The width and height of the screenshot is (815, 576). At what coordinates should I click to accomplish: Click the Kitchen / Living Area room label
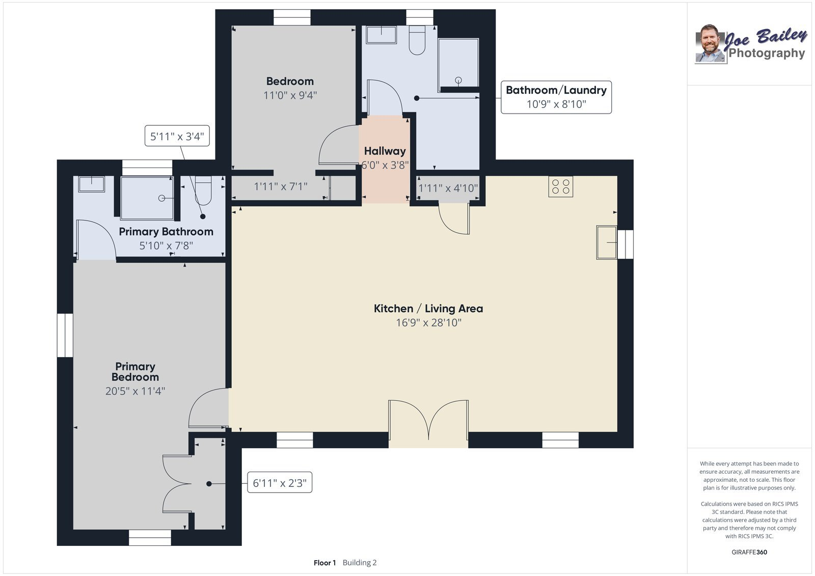point(428,309)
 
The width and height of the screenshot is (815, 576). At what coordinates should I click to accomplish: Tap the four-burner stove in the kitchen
point(561,187)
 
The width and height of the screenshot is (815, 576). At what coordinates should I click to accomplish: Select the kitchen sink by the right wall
point(607,242)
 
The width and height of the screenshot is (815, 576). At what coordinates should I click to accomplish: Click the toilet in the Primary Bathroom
point(203,190)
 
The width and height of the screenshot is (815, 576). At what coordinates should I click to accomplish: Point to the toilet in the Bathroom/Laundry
point(417,40)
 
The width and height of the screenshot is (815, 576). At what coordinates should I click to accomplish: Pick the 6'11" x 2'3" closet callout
point(280,482)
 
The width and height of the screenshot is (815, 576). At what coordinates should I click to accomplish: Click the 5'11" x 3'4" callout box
point(177,135)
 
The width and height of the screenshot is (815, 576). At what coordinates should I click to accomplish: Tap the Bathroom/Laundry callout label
point(556,97)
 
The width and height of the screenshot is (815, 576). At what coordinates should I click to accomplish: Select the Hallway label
point(385,151)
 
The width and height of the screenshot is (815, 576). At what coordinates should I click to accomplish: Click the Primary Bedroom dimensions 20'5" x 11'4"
point(135,391)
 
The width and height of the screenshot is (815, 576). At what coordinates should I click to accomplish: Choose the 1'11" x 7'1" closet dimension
point(281,187)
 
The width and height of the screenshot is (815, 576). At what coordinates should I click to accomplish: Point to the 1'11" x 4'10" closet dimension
point(448,188)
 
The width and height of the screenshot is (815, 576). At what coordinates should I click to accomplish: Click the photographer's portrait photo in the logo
point(710,44)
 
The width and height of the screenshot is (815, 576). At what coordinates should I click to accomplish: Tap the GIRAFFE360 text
point(749,552)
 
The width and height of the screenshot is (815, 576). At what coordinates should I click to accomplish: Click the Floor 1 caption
point(324,563)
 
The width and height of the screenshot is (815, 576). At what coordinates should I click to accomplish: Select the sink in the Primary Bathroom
point(91,184)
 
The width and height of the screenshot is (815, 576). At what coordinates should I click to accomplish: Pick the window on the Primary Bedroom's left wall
point(65,335)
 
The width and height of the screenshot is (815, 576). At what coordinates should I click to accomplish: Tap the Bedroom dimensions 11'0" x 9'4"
point(290,95)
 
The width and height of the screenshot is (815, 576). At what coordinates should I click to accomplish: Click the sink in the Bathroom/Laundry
point(382,35)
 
